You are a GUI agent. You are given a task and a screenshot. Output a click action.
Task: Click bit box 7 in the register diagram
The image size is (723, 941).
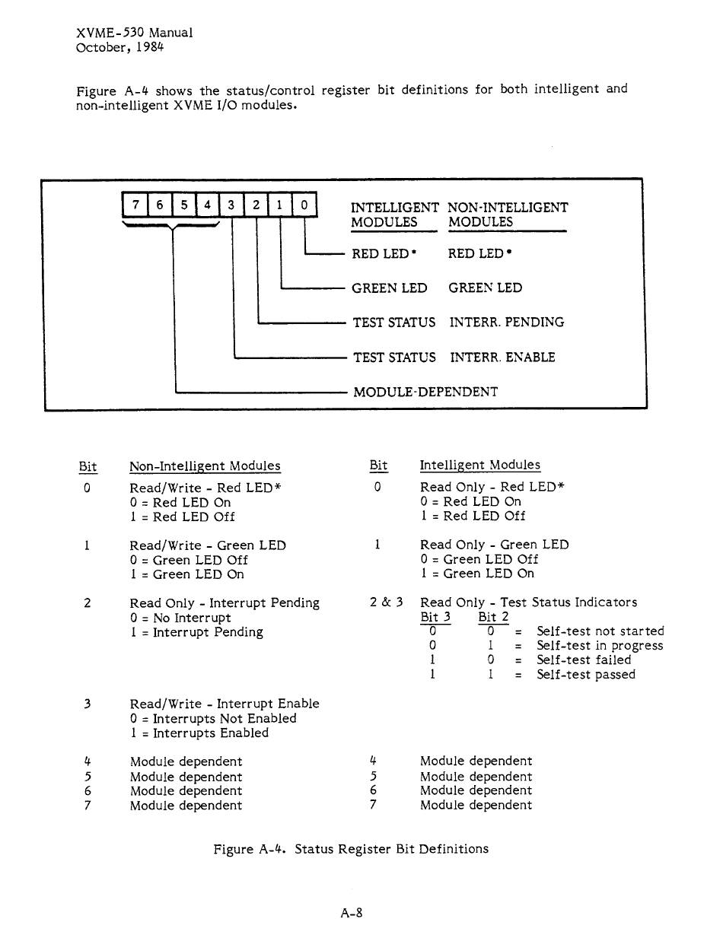coord(135,205)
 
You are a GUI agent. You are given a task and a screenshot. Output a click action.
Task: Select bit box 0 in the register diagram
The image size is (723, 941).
coord(304,205)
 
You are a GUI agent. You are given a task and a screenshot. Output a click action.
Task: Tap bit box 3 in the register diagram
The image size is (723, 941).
coord(231,205)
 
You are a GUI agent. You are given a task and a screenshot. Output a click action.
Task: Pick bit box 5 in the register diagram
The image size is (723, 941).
coord(183,205)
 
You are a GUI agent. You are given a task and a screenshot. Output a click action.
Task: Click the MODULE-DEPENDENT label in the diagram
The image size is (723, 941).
coord(425,392)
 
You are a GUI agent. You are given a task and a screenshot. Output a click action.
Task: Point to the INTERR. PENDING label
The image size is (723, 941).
coord(507,323)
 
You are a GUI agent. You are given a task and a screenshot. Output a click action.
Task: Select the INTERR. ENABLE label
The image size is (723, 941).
coord(502,357)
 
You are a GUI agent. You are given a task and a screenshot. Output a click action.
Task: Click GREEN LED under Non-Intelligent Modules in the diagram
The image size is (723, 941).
coord(485,288)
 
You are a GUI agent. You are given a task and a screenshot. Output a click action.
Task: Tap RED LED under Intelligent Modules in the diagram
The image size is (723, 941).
coord(384,253)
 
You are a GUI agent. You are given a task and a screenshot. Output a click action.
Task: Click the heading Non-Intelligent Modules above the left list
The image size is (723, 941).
coord(205,466)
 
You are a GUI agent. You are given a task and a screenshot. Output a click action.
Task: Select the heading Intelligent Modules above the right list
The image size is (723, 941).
coord(479,465)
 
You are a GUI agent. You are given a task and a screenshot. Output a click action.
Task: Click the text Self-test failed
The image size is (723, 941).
coord(584,660)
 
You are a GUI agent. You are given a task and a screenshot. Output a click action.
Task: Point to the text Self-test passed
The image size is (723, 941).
coord(585,674)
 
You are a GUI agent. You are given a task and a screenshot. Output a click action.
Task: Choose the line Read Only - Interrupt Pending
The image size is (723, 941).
coord(225,602)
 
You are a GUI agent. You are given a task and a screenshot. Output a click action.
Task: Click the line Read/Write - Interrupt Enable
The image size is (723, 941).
coord(225,704)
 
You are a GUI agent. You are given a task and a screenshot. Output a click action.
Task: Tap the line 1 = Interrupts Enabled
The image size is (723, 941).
coord(199,733)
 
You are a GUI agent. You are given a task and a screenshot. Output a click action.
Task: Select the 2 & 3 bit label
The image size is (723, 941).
coord(386,602)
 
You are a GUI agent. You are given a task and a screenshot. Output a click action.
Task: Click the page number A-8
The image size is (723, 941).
coord(352,912)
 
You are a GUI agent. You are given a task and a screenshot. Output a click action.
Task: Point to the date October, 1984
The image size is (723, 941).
coord(119,47)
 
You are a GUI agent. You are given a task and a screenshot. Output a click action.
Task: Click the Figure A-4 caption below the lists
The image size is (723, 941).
coord(351,848)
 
